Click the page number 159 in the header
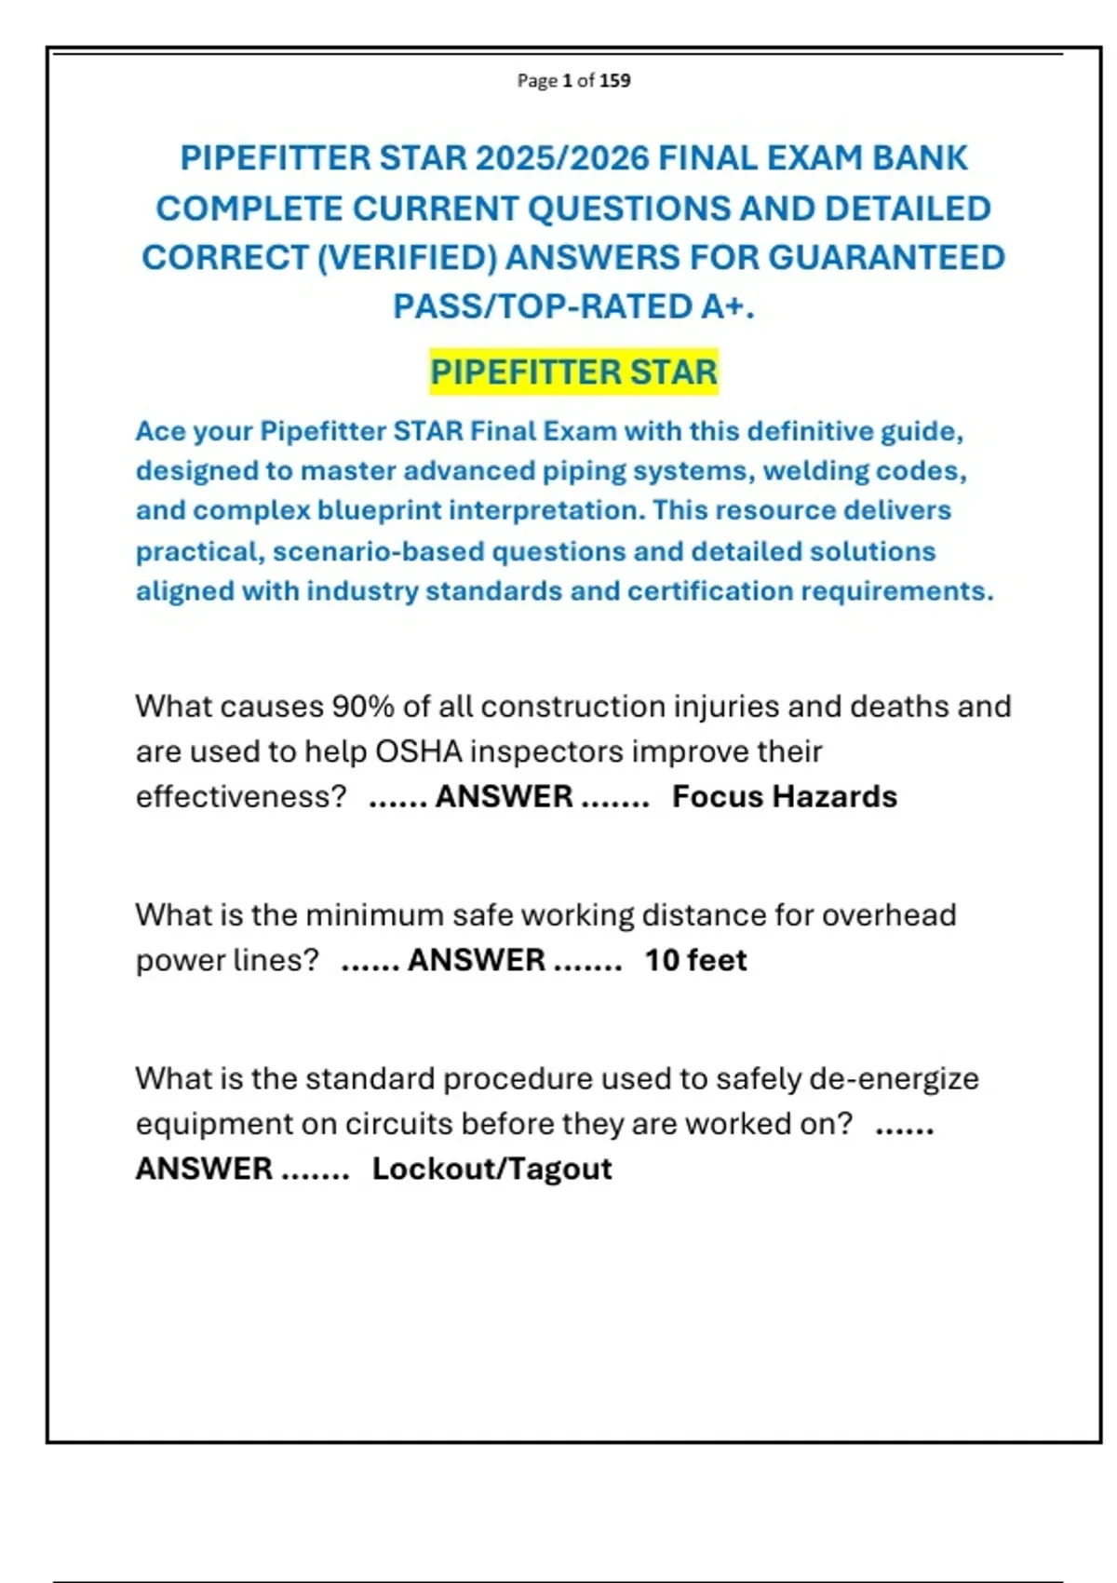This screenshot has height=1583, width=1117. [x=615, y=81]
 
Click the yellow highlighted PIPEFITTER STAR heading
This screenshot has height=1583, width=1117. [x=573, y=372]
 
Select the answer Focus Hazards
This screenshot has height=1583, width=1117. [x=784, y=797]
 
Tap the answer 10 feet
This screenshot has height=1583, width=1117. [x=695, y=960]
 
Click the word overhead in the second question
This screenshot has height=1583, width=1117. [x=888, y=915]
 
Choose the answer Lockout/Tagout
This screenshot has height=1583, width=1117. [x=491, y=1169]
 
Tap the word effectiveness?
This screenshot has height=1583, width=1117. [x=241, y=797]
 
